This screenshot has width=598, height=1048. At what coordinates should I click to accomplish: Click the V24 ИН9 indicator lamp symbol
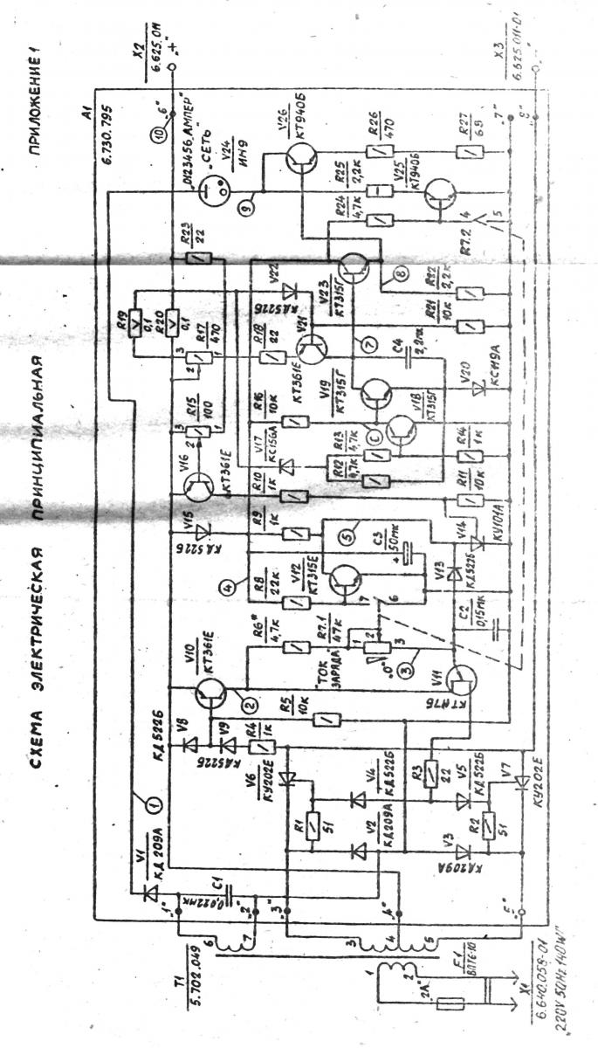pos(215,186)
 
